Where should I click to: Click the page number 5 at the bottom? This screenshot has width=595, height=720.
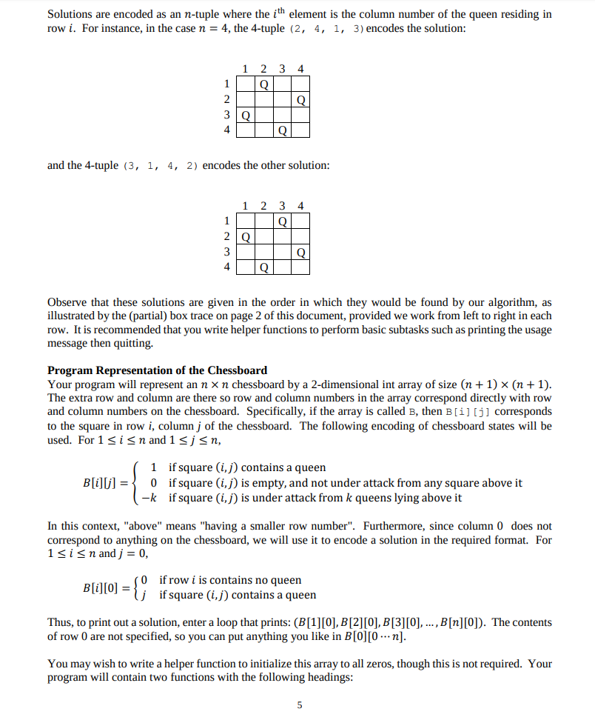300,704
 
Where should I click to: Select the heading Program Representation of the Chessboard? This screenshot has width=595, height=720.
157,370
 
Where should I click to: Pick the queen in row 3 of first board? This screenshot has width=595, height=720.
246,116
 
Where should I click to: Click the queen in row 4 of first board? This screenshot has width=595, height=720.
282,132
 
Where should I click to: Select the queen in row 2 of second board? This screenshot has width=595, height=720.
246,237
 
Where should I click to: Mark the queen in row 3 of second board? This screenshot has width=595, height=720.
300,253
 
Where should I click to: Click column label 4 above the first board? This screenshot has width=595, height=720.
300,69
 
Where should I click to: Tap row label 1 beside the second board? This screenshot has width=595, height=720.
227,221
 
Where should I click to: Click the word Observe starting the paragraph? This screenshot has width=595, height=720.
67,303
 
